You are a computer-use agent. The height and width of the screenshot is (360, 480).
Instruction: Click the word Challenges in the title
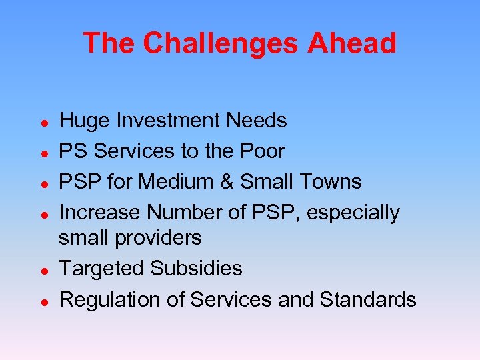coord(220,43)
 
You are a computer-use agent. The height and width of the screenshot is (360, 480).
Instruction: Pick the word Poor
coord(261,151)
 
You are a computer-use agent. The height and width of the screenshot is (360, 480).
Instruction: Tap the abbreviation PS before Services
coord(74,151)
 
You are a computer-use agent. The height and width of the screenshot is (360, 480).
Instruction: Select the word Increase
coord(101,213)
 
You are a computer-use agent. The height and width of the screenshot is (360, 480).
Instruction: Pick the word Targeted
coord(102,269)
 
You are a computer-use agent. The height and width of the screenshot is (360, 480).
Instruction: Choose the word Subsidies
coord(196,269)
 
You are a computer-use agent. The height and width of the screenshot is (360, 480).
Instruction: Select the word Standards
coord(368,300)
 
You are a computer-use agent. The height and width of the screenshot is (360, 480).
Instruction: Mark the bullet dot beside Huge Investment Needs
coord(43,122)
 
